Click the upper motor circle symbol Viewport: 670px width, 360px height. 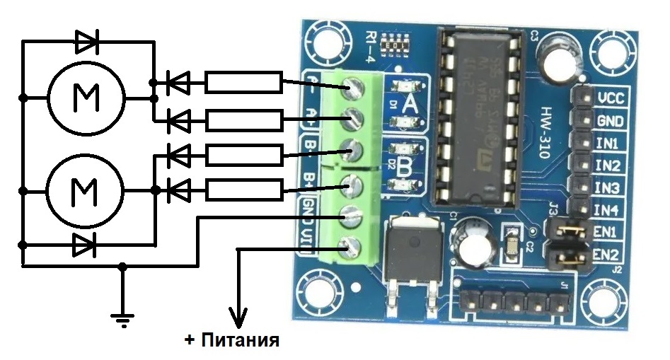(86, 97)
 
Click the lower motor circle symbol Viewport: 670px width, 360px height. (86, 190)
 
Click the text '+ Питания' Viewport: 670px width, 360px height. (232, 340)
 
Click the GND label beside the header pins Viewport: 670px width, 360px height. (609, 120)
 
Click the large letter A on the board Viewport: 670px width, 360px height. (409, 105)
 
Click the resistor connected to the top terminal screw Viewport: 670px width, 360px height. (243, 83)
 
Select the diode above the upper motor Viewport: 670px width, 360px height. (87, 43)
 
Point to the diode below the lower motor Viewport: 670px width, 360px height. (84, 245)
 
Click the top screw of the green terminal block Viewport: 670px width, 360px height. (352, 89)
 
